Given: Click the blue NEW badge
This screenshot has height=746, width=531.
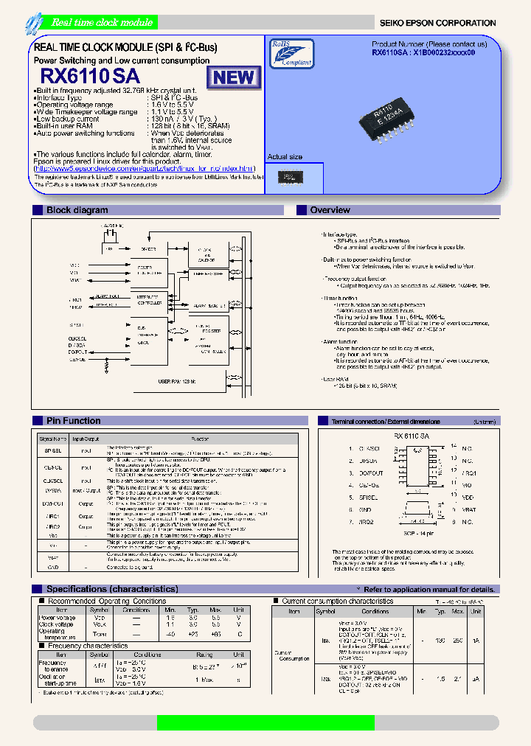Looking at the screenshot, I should pos(234,77).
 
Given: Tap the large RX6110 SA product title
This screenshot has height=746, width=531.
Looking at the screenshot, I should pos(89,76).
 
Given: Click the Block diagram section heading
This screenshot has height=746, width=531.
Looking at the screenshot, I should pos(77,210).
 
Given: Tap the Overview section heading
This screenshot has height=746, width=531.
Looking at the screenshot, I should pos(330,210).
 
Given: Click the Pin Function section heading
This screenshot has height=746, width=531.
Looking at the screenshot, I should pos(73,421).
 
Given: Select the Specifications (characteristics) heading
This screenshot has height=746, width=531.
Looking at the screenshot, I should pos(112,589).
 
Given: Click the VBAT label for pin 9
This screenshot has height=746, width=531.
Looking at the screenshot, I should pos(469,509).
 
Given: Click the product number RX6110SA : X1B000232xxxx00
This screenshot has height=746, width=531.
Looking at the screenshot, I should pos(423,54).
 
